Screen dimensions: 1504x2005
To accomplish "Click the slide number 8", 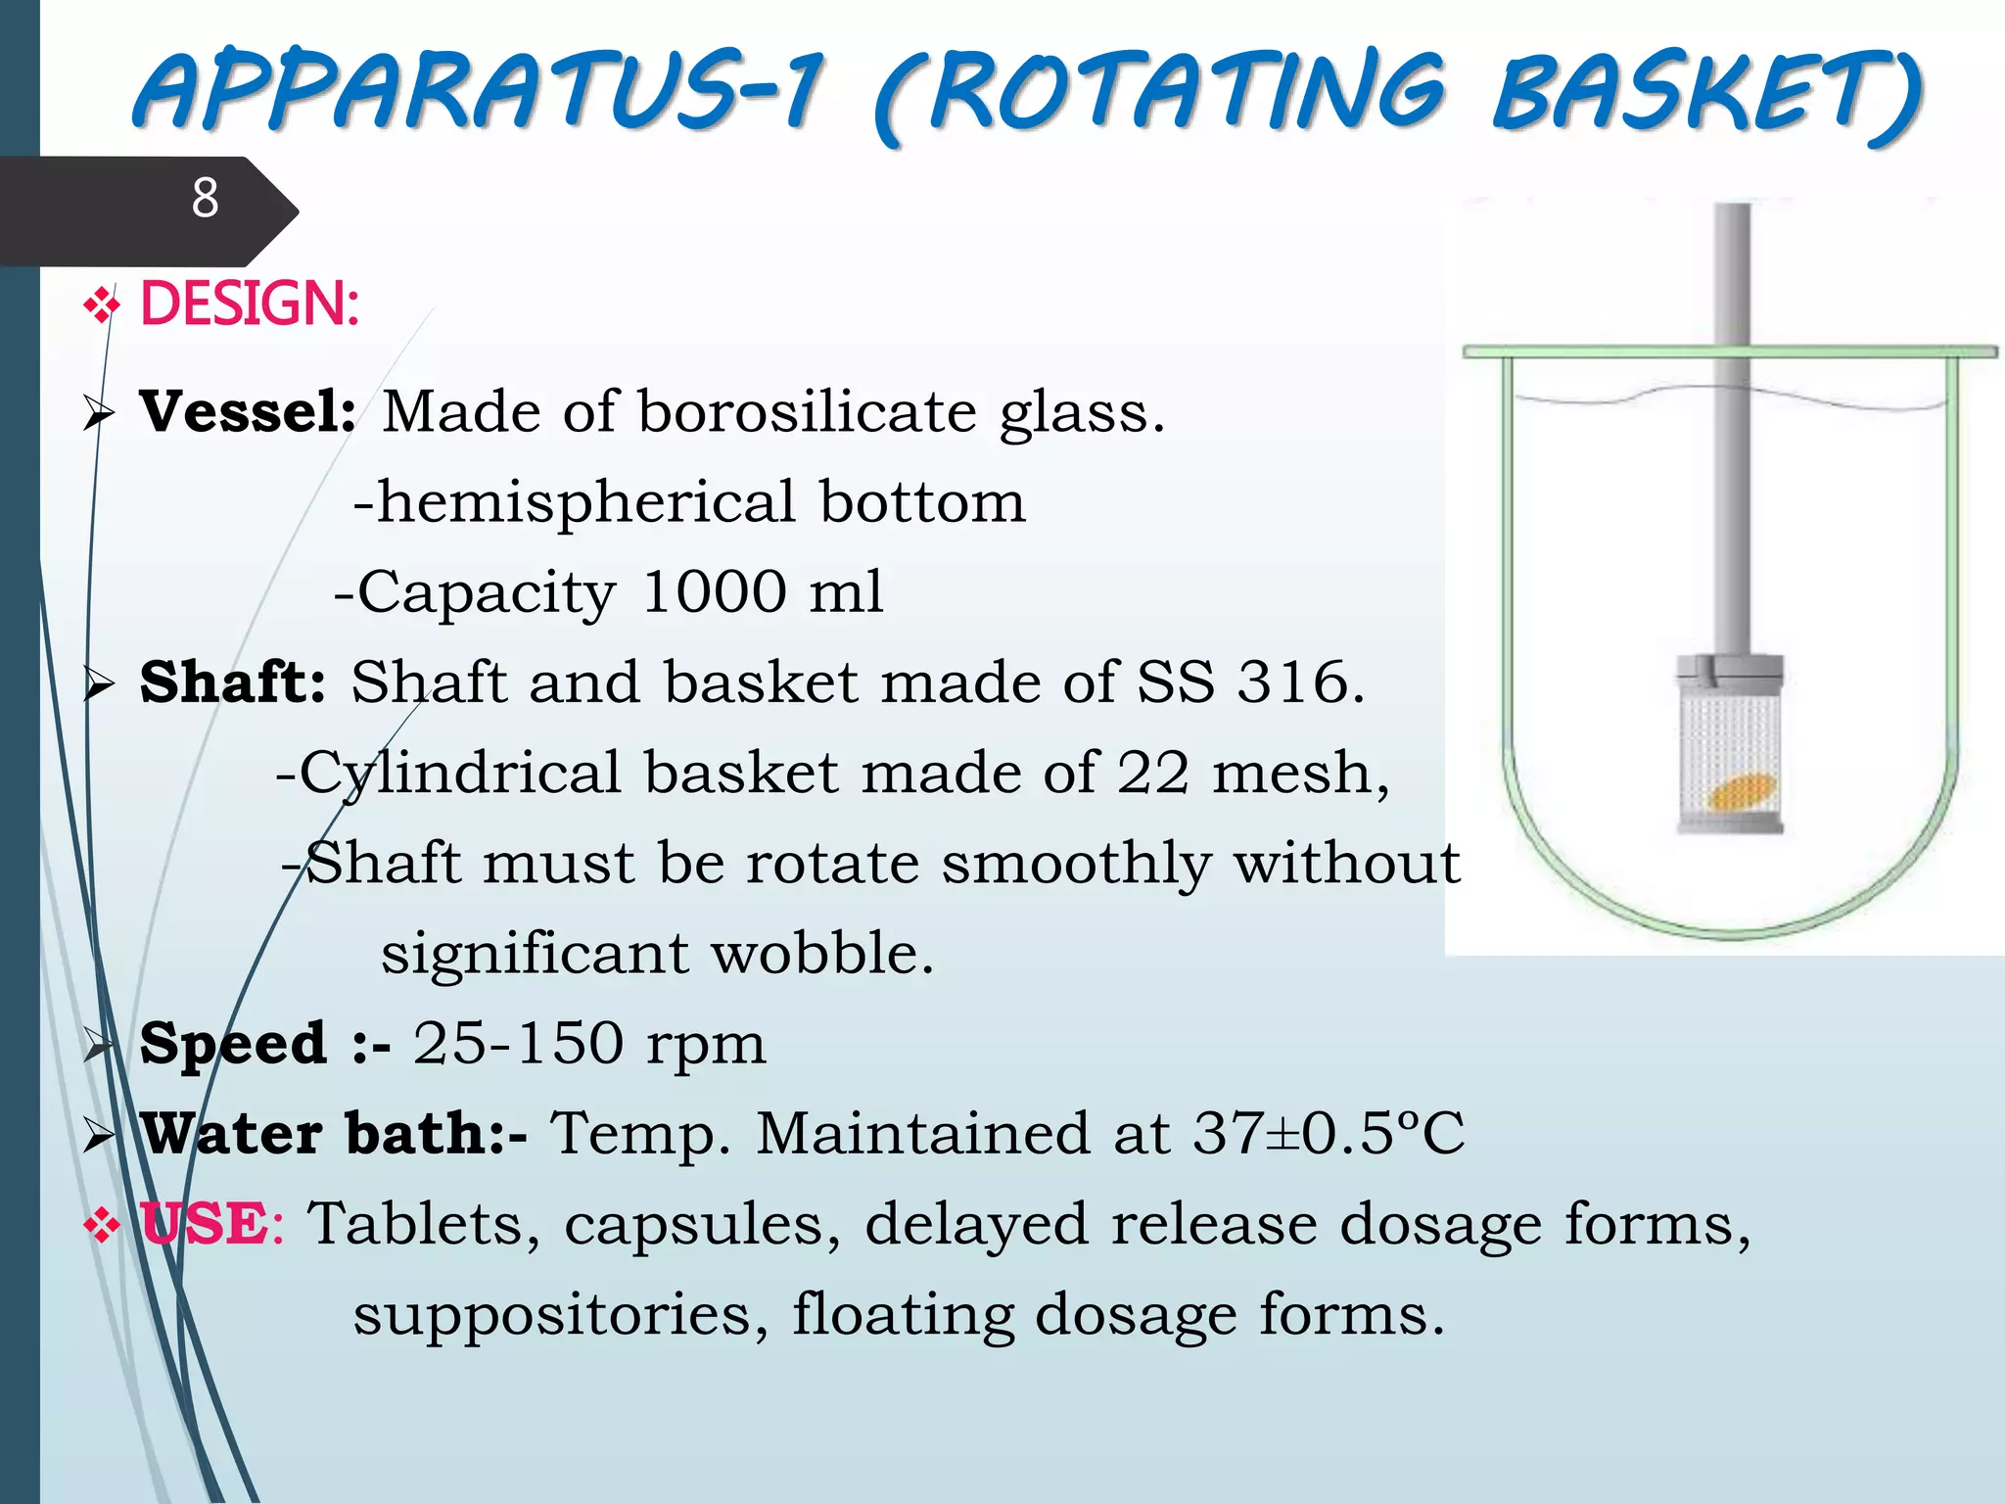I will point(205,198).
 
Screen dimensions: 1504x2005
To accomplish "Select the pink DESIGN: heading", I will point(250,304).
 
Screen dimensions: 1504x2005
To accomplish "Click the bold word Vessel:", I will point(248,411).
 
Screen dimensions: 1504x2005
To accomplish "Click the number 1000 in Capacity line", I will point(715,591).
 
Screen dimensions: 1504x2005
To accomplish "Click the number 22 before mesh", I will point(1153,773).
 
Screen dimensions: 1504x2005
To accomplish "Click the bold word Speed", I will point(233,1043).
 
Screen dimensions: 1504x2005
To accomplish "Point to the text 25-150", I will point(518,1043).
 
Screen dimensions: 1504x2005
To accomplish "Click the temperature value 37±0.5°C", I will point(1329,1133).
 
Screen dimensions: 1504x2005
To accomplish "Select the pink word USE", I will point(203,1224).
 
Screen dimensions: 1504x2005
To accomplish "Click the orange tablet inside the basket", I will point(1742,791).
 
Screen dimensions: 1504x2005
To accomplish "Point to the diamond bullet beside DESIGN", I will point(102,306).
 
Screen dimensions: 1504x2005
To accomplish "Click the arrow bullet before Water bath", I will point(99,1136).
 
